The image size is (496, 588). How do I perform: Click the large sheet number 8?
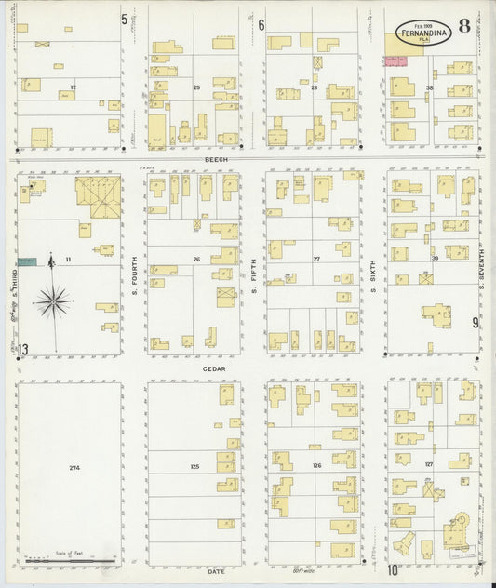[463, 26]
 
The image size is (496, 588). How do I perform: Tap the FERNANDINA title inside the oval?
[423, 31]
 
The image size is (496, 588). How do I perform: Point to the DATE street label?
[216, 570]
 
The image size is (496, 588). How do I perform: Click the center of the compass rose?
[53, 301]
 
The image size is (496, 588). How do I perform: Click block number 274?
[74, 466]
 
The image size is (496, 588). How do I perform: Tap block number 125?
[194, 466]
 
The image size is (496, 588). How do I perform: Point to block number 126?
[316, 465]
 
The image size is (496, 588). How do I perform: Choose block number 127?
[428, 463]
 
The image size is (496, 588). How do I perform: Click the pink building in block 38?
[397, 60]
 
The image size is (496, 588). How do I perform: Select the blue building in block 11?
[27, 261]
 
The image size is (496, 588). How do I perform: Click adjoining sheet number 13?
[23, 349]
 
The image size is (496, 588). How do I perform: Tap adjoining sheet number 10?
[394, 570]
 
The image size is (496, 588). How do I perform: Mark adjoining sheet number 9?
[475, 323]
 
